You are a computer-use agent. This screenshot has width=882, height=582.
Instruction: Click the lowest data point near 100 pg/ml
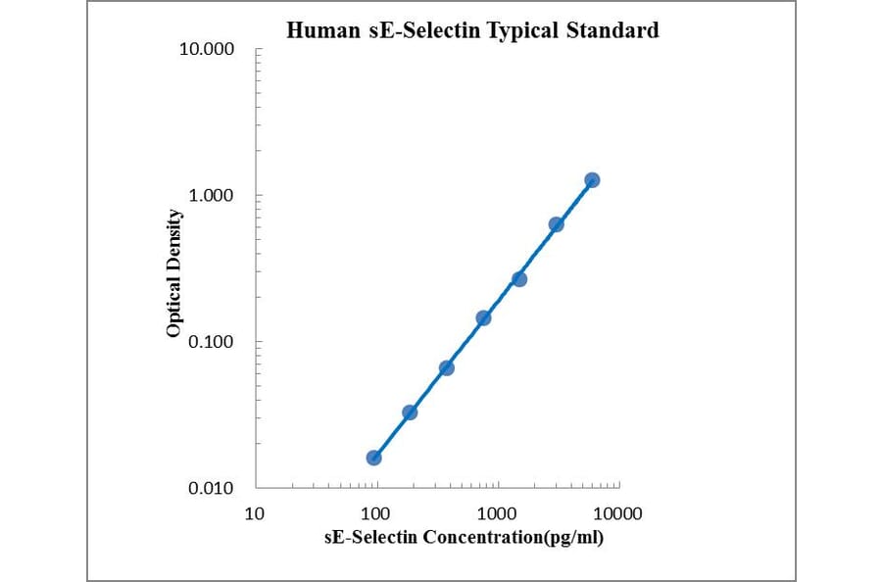pos(373,458)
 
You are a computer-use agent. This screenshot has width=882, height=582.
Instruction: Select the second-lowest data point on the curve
pos(410,412)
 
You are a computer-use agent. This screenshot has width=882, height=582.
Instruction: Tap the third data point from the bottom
pos(446,367)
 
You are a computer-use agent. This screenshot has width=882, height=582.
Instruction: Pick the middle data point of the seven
pos(483,317)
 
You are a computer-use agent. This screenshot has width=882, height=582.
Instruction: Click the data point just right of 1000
pos(519,279)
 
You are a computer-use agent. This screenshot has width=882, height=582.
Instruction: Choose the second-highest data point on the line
pos(556,224)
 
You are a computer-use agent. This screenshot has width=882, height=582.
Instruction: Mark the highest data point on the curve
pos(592,180)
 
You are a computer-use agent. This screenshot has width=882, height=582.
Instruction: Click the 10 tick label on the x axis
pos(255,513)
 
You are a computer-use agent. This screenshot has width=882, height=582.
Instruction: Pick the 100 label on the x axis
pos(375,513)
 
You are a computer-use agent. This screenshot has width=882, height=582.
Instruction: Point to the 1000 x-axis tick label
pos(497,513)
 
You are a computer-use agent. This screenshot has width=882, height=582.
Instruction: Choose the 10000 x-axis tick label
pos(617,513)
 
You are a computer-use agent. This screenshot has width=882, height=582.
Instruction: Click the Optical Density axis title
pos(174,273)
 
